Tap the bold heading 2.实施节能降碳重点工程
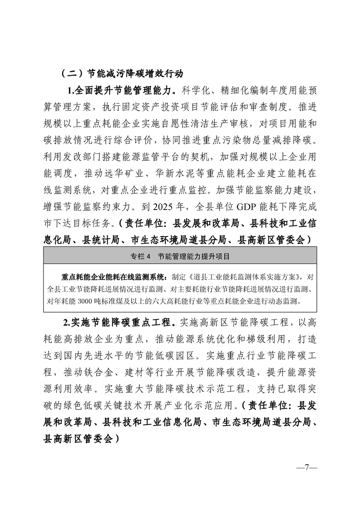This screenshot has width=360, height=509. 119,323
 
